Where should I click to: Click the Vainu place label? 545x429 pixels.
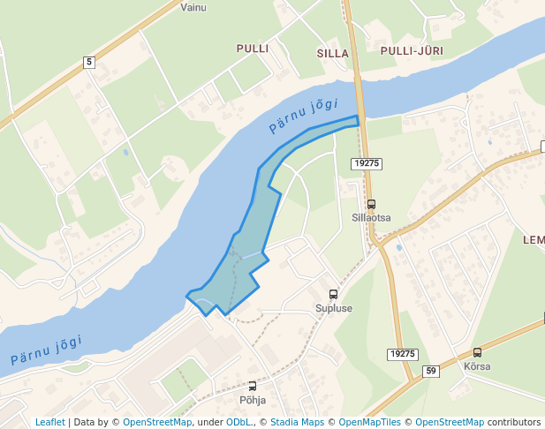point(193,7)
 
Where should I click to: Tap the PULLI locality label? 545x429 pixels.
point(252,48)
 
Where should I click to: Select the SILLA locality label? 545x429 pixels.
point(333,53)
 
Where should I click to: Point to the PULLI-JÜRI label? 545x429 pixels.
point(411,51)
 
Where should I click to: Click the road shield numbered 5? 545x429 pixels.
point(89,62)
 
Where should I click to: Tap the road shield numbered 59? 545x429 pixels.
point(431,371)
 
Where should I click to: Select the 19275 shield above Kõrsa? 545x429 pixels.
point(401,354)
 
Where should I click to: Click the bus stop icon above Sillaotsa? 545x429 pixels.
point(370,204)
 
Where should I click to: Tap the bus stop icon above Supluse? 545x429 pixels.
point(333,295)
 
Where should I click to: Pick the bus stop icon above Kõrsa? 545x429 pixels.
point(477,352)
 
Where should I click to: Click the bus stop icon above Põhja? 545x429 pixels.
point(253,386)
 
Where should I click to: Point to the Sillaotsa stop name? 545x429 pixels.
point(371,217)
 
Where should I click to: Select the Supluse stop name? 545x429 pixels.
point(334,309)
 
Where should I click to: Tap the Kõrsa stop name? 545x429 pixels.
point(477,366)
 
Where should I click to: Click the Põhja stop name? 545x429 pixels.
point(253,400)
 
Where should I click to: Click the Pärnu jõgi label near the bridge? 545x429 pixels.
point(304,116)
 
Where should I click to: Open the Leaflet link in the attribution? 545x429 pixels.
point(49,422)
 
